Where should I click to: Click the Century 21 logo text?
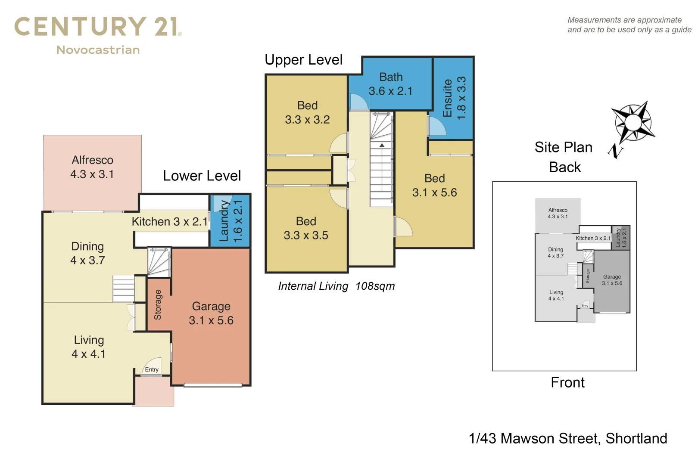(97, 27)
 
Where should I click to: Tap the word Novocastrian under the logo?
(98, 50)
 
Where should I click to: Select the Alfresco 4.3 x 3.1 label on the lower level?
(92, 167)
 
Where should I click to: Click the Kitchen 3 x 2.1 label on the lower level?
(169, 222)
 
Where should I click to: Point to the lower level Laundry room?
(230, 221)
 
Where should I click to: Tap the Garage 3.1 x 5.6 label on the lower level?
(211, 313)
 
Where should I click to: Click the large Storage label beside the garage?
(158, 305)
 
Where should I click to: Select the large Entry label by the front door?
(152, 370)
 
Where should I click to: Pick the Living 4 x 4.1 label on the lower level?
(89, 347)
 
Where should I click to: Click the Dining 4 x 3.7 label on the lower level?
(87, 253)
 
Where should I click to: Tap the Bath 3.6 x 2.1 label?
(391, 84)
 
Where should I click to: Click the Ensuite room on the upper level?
(453, 98)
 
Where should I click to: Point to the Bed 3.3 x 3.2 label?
(307, 112)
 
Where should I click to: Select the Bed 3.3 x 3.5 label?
(306, 228)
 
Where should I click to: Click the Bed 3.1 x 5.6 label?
(434, 186)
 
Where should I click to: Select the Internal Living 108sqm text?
(336, 286)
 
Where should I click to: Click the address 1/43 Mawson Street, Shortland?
(568, 439)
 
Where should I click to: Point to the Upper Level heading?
(303, 60)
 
